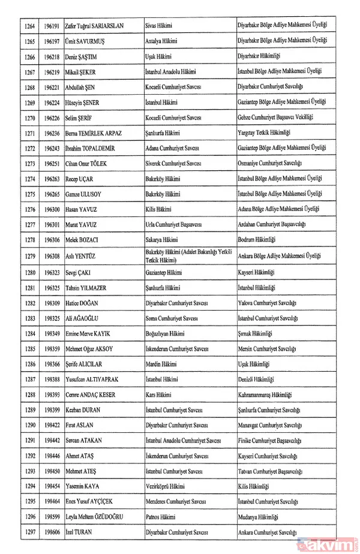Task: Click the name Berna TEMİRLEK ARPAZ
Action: pos(98,133)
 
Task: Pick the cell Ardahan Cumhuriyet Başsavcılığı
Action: pos(272,225)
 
